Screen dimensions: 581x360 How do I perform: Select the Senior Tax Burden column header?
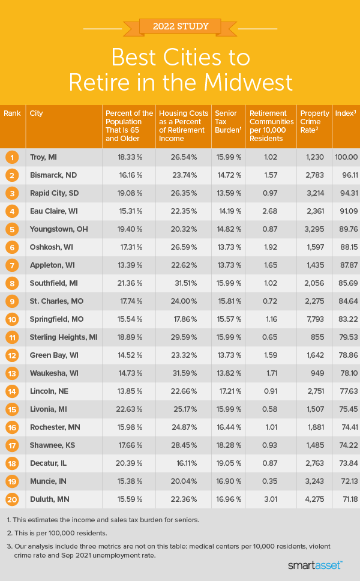click(227, 121)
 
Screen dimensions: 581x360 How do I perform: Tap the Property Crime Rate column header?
click(314, 121)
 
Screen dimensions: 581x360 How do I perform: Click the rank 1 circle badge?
click(12, 157)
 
